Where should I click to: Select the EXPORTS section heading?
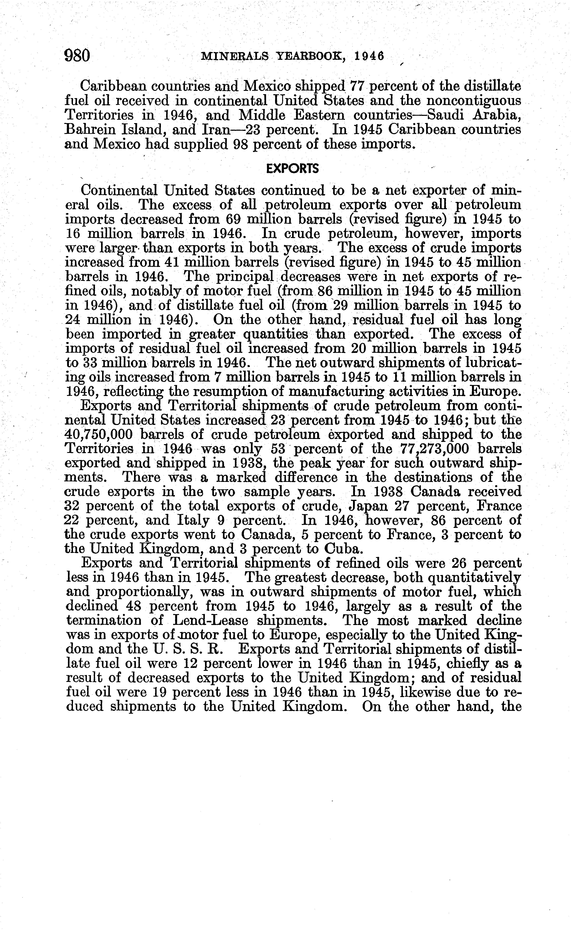[292, 169]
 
